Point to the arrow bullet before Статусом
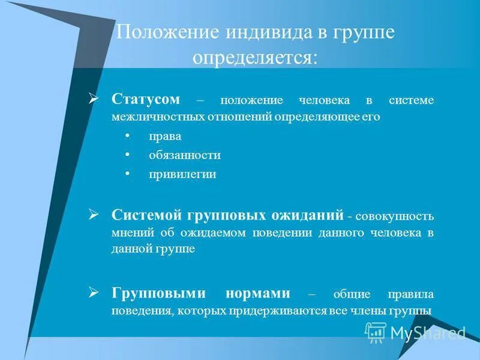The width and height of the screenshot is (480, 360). (94, 98)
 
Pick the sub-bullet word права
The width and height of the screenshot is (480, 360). (165, 136)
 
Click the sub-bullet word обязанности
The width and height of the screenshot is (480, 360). (185, 155)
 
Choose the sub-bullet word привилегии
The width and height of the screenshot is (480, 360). (182, 175)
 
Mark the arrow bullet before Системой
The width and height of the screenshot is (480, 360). (94, 213)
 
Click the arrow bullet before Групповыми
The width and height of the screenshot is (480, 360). (94, 293)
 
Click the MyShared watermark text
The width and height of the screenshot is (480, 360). (427, 332)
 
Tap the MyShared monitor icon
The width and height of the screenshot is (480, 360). (376, 332)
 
